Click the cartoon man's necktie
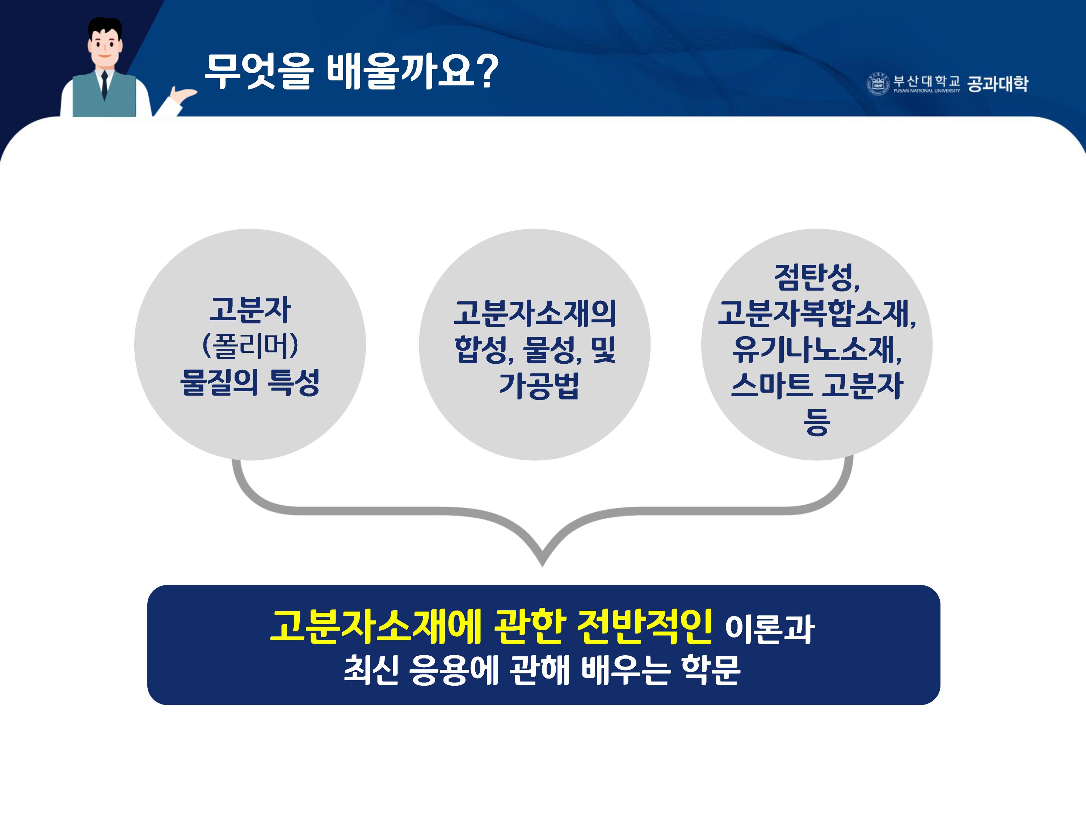(104, 85)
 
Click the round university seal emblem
(878, 84)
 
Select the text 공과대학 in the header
(997, 84)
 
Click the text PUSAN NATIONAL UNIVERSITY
(926, 91)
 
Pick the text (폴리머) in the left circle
(250, 346)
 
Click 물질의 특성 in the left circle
(250, 382)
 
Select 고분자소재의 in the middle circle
(535, 313)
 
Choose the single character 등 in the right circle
(816, 422)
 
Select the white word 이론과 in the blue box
(769, 629)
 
